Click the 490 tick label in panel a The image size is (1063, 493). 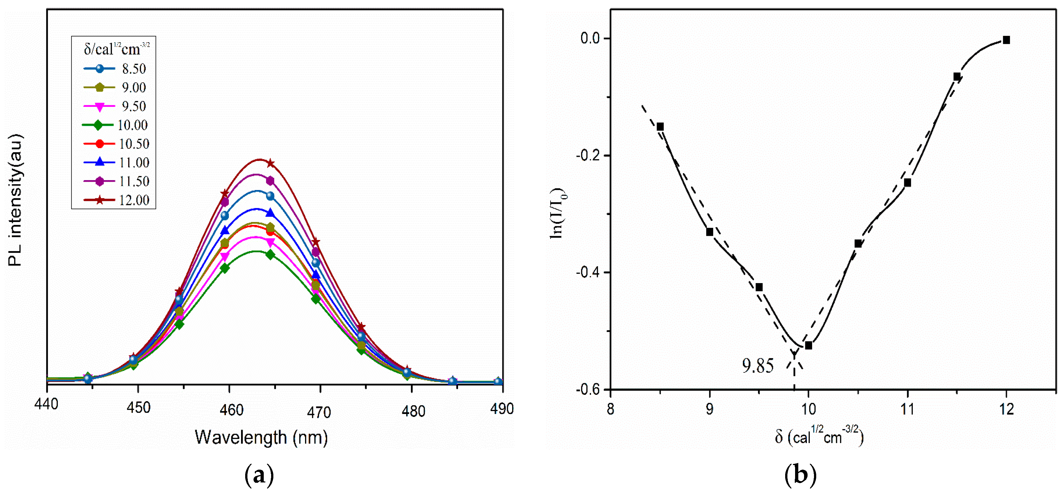(x=502, y=409)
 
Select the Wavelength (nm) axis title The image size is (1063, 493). (x=261, y=437)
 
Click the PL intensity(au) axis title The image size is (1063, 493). (x=15, y=200)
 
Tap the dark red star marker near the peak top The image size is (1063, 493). (x=270, y=163)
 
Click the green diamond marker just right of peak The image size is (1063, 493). (x=270, y=255)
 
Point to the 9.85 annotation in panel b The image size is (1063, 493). (x=758, y=366)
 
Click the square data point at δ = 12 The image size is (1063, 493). (x=1006, y=40)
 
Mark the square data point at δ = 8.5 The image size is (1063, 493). (x=660, y=127)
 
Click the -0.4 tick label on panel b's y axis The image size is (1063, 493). (x=588, y=272)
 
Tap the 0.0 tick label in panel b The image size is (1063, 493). (x=590, y=38)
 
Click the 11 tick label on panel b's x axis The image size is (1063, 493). (x=907, y=409)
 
